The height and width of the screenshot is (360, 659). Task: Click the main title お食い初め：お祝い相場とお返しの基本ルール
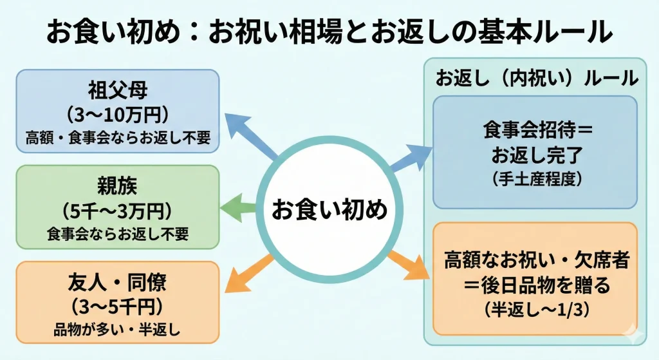point(329,31)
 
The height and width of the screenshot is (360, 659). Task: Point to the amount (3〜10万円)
point(117,114)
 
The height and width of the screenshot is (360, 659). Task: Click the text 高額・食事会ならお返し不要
point(117,137)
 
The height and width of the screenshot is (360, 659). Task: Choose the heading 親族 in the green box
point(117,186)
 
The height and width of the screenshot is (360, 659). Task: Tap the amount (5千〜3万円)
point(117,210)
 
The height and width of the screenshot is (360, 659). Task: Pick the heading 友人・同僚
point(117,283)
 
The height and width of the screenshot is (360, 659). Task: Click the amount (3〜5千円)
point(117,306)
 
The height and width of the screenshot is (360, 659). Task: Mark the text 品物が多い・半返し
point(117,330)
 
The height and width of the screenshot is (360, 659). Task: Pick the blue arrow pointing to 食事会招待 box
point(412,156)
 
